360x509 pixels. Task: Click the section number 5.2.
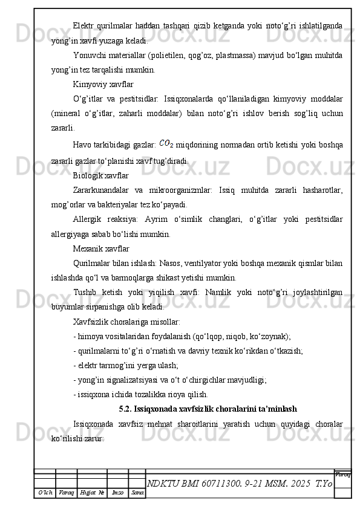click(126, 408)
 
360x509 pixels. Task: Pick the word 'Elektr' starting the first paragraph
click(83, 26)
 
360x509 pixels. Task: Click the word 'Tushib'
click(83, 292)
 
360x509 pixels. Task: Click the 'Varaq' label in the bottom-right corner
click(343, 475)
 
